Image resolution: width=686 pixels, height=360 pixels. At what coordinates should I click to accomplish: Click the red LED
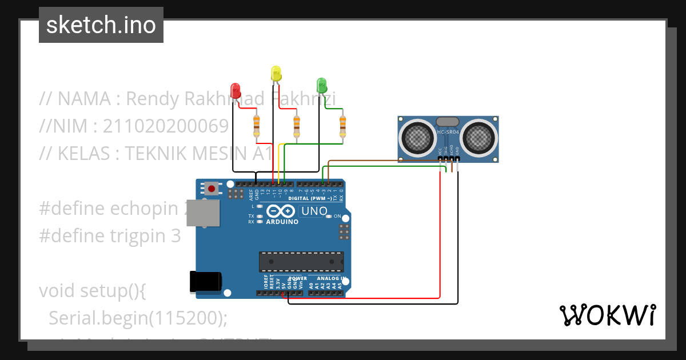point(234,90)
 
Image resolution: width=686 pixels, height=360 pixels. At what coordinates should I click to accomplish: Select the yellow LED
point(276,73)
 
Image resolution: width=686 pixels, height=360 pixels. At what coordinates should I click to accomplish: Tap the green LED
point(322,85)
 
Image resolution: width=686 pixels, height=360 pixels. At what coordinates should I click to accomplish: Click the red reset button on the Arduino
point(212,188)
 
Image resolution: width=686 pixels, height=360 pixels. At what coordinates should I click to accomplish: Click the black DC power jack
point(205,282)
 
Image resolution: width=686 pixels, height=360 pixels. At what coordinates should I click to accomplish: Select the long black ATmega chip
point(301,261)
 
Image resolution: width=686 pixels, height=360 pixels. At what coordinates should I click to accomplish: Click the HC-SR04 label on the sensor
point(448,133)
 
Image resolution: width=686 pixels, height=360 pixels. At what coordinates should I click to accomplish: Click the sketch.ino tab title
point(101,25)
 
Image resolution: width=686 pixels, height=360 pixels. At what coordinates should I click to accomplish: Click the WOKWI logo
point(607,315)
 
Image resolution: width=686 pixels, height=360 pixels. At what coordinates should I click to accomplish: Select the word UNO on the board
point(314,211)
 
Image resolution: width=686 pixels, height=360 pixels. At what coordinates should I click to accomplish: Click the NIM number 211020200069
point(166,126)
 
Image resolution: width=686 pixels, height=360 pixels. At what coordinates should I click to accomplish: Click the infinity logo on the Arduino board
point(281,211)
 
